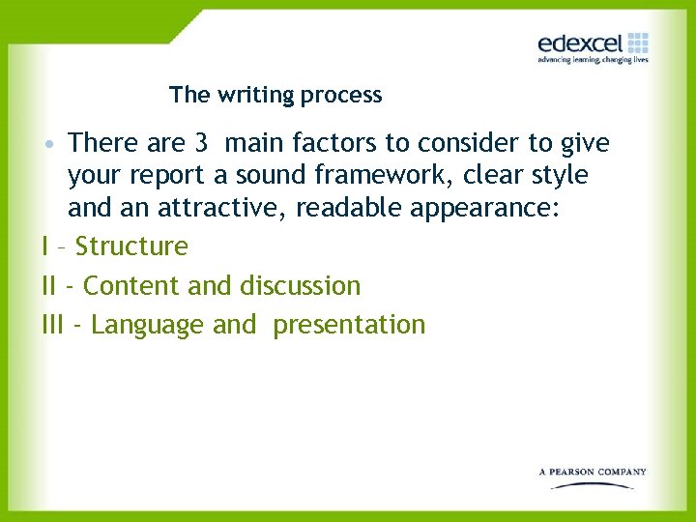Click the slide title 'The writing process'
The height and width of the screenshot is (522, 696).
coord(275,95)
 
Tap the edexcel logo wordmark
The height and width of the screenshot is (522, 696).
coord(580,43)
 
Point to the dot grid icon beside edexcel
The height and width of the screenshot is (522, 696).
coord(638,43)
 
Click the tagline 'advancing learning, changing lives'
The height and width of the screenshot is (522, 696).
coord(593,60)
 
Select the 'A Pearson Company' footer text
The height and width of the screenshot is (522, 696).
coord(592,472)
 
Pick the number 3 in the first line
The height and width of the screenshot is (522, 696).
coord(201,144)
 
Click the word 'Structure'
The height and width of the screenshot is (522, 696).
coord(131,246)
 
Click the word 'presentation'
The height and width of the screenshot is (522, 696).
coord(349,326)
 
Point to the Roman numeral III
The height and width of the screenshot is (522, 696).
coord(58,325)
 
